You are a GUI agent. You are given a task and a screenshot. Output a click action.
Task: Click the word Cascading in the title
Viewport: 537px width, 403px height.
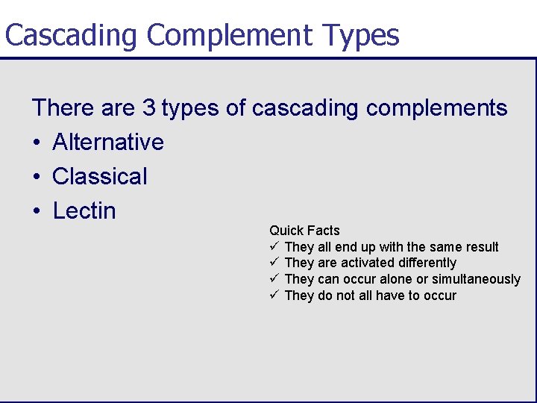72,35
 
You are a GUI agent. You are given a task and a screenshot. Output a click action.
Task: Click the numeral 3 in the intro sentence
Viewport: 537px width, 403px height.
148,108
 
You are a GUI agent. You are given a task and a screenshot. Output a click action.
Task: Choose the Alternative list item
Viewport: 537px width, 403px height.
108,142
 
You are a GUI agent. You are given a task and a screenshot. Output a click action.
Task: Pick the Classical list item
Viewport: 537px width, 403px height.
100,176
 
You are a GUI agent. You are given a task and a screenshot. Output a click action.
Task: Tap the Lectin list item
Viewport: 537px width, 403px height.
84,210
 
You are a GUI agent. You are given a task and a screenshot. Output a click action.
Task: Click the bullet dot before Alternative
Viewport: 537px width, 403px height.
37,143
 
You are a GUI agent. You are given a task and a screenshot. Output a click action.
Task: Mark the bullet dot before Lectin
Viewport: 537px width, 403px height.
37,211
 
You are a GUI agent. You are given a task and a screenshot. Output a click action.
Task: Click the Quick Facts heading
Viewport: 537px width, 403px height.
304,231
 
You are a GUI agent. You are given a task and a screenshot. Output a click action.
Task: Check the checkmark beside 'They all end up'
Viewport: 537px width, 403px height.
274,246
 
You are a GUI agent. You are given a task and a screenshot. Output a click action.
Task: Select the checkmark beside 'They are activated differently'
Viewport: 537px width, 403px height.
274,262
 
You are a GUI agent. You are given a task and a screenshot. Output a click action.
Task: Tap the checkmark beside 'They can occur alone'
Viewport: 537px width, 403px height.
274,278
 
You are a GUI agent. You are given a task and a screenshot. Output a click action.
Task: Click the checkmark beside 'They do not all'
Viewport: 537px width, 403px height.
274,295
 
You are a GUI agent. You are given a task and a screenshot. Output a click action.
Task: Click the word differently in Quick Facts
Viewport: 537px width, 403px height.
427,263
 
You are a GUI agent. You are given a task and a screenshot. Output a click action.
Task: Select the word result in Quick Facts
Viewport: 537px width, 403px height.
482,246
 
